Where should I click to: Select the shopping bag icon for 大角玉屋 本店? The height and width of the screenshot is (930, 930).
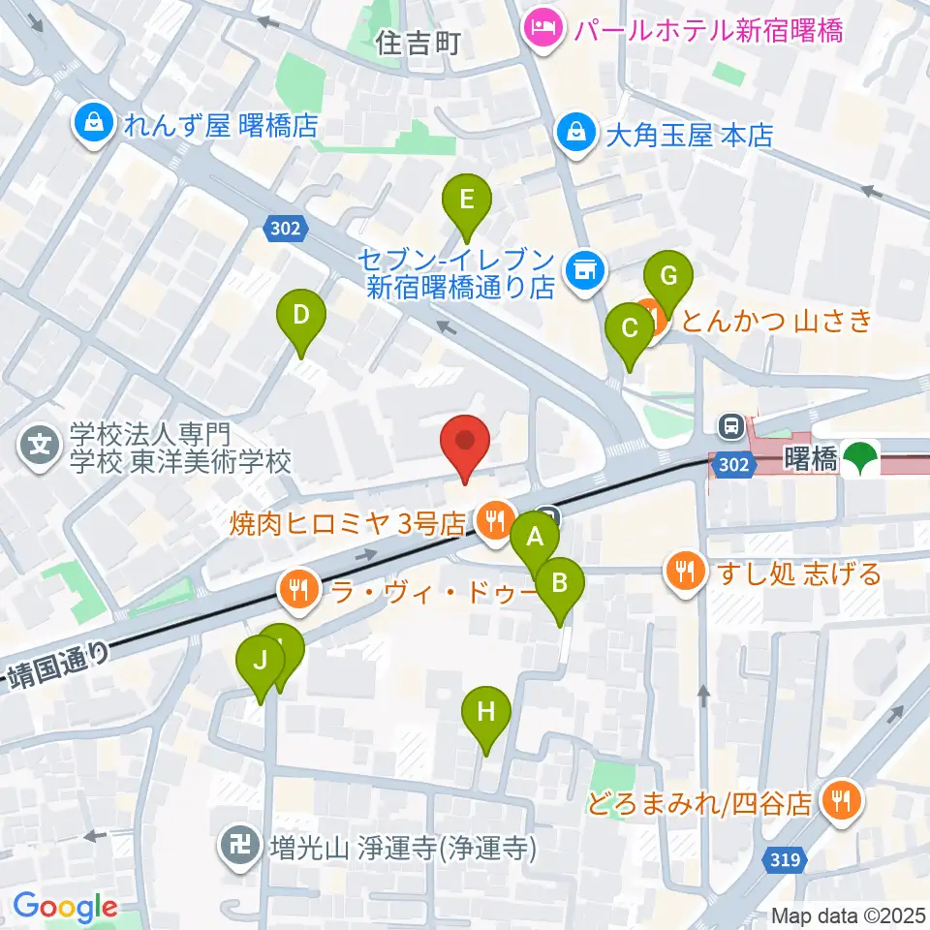click(x=576, y=133)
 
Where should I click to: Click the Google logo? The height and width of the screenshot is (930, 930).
click(x=65, y=907)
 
